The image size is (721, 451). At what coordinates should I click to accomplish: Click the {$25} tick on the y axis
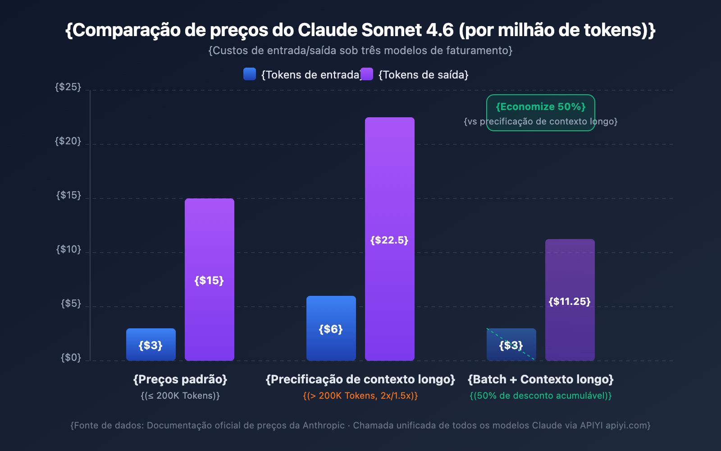tap(68, 87)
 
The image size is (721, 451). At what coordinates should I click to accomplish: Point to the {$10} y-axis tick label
tap(68, 249)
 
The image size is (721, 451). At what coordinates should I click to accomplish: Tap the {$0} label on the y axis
tap(71, 358)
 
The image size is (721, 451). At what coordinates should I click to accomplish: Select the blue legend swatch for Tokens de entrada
tap(250, 74)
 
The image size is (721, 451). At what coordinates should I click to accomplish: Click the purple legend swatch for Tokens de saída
tap(367, 74)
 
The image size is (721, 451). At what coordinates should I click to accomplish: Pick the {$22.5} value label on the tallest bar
tap(389, 240)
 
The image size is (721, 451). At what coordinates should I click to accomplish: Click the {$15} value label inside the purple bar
tap(209, 281)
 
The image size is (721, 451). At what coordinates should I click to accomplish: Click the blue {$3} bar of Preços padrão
tap(151, 345)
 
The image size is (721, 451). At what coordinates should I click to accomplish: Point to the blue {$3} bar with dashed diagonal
tap(511, 345)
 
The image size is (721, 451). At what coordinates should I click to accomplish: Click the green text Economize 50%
tap(540, 107)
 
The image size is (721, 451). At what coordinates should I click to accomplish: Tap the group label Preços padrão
tap(180, 379)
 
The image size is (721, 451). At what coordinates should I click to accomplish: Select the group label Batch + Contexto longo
tap(541, 379)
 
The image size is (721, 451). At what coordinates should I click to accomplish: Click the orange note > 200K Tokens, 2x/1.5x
tap(360, 396)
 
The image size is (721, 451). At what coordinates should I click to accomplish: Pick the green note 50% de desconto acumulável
tap(541, 396)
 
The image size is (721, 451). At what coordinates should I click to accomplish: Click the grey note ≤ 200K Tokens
tap(180, 396)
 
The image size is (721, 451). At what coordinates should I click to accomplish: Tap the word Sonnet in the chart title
tap(391, 30)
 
